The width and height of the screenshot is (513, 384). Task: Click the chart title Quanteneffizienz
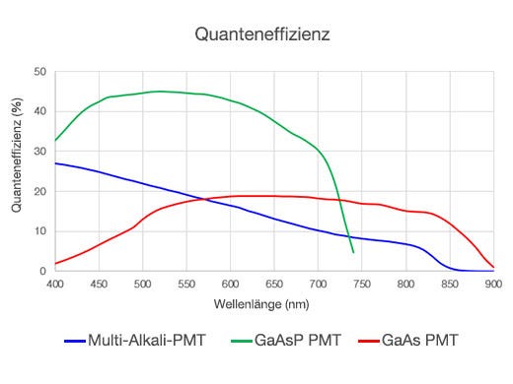(x=261, y=34)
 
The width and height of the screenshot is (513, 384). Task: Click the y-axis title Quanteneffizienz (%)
(x=17, y=170)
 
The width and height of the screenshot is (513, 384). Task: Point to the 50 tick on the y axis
(x=39, y=72)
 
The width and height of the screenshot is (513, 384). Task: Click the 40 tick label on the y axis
(x=39, y=111)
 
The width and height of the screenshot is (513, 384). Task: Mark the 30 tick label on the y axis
(x=39, y=152)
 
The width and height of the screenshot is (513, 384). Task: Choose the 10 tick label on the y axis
(x=39, y=231)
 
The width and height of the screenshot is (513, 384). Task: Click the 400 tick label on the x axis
(x=55, y=285)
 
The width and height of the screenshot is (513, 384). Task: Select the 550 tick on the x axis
(x=186, y=285)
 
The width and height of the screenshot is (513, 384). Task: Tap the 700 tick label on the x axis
(x=318, y=285)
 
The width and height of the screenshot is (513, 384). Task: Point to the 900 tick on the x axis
(x=492, y=285)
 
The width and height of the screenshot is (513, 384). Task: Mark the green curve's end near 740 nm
(x=353, y=252)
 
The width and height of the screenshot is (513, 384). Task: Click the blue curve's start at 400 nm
(x=55, y=163)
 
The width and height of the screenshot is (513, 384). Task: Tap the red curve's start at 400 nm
(x=55, y=264)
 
